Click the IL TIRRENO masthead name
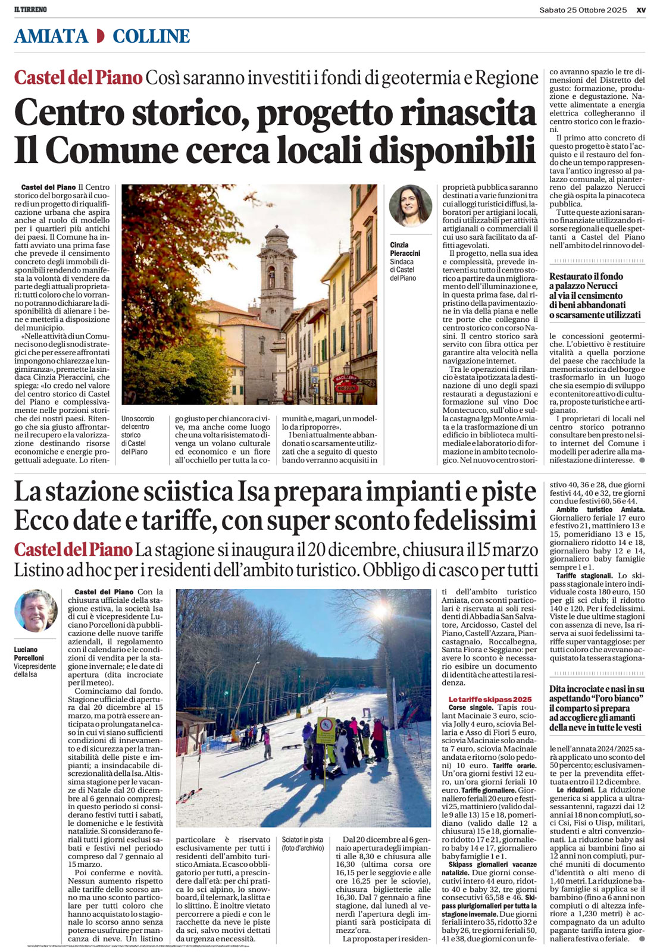30,10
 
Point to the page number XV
640,10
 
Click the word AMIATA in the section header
51,36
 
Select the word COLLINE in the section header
151,36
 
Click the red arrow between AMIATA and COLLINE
100,36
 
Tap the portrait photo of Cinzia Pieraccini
410,206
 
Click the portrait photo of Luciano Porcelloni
36,611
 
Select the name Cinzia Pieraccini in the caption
405,249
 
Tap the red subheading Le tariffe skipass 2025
490,699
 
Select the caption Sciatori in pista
303,840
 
